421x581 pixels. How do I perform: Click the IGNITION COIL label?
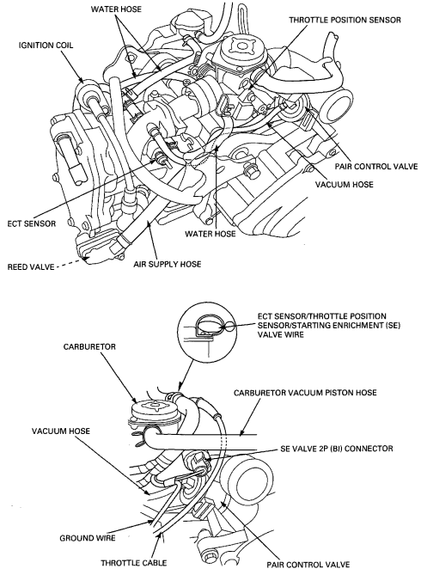tap(46, 46)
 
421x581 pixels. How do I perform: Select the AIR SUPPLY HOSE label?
tap(168, 264)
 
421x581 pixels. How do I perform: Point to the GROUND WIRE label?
tap(88, 538)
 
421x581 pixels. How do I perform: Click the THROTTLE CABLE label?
tap(134, 563)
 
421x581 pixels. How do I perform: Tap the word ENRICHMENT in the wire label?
tap(353, 326)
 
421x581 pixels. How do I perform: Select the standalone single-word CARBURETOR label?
tap(89, 347)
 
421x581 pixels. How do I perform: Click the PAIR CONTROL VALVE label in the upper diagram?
tap(376, 167)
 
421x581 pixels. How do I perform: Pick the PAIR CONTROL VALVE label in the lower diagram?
tap(308, 565)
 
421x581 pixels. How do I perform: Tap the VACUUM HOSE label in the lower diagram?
tap(61, 431)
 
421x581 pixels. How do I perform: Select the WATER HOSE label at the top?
tap(116, 9)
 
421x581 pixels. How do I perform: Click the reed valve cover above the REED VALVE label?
tap(99, 247)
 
